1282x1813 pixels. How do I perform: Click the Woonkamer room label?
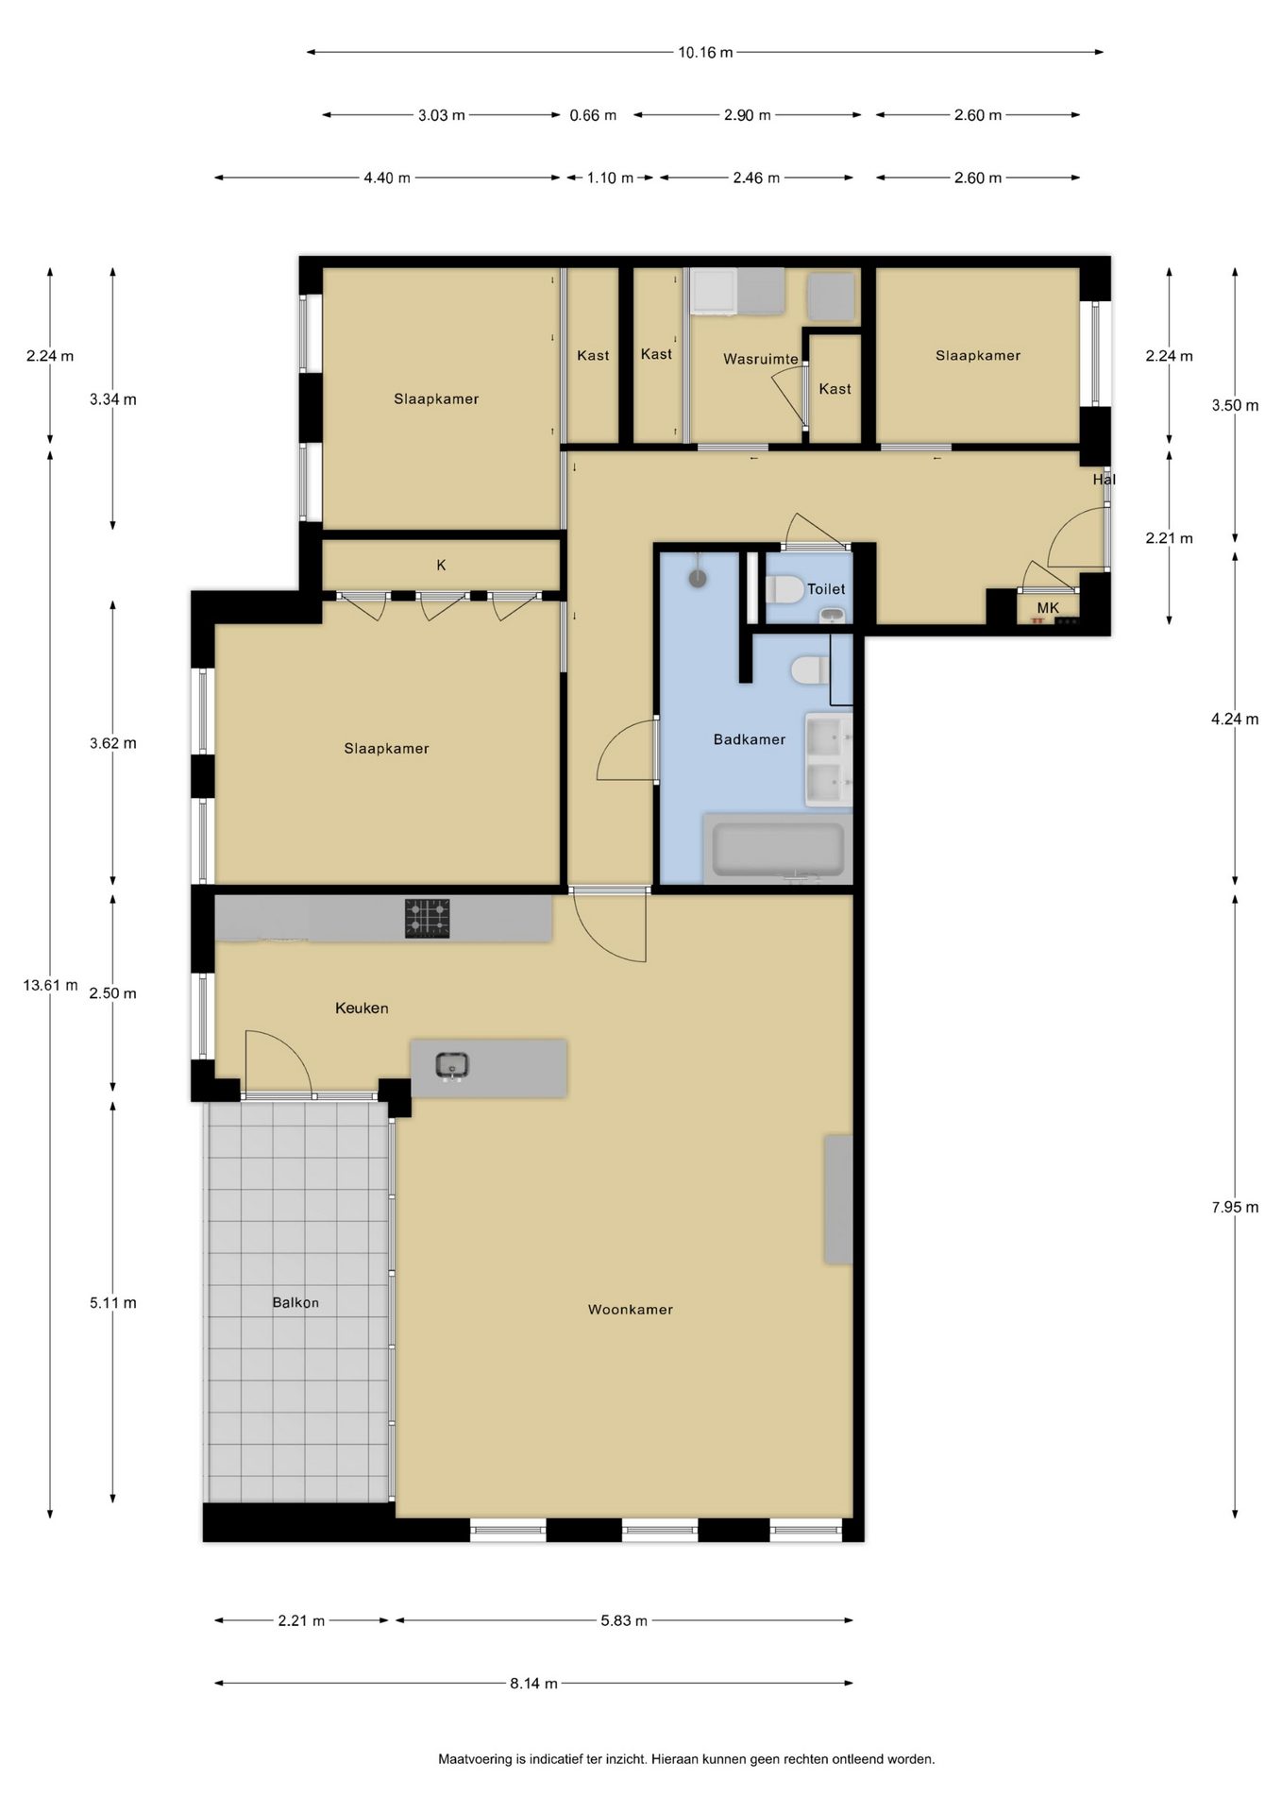pyautogui.click(x=630, y=1310)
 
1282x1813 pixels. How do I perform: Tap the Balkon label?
pyautogui.click(x=295, y=1303)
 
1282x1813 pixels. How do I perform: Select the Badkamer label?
pyautogui.click(x=750, y=739)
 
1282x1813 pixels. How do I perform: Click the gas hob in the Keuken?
pyautogui.click(x=428, y=918)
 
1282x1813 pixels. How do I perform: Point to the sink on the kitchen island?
pyautogui.click(x=452, y=1066)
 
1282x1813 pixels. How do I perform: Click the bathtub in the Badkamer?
pyautogui.click(x=778, y=850)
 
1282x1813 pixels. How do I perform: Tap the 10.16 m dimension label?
pyautogui.click(x=705, y=53)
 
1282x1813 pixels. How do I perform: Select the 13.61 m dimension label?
pyautogui.click(x=50, y=986)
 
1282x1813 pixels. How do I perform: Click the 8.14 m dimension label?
pyautogui.click(x=533, y=1684)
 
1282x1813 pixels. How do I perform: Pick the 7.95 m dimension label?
pyautogui.click(x=1235, y=1208)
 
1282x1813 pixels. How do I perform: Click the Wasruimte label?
pyautogui.click(x=761, y=360)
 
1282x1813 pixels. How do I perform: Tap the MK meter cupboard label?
pyautogui.click(x=1048, y=608)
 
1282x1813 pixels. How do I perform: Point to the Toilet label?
pyautogui.click(x=826, y=589)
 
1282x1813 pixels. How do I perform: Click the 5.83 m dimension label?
pyautogui.click(x=624, y=1621)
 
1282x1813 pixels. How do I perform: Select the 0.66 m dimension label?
pyautogui.click(x=593, y=115)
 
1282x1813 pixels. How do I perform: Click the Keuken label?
pyautogui.click(x=362, y=1008)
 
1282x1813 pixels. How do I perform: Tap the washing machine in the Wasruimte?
pyautogui.click(x=715, y=291)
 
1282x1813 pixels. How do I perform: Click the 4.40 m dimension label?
pyautogui.click(x=387, y=178)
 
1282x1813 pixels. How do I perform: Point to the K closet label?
pyautogui.click(x=441, y=566)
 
